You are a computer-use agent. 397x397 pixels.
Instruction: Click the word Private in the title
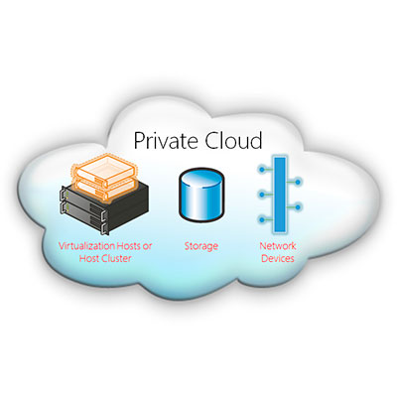[167, 141]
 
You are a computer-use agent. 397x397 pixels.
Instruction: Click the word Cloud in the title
[233, 140]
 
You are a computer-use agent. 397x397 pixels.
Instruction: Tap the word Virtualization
[86, 246]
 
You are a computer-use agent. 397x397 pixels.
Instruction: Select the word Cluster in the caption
[116, 258]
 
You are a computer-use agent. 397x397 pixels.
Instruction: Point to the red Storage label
[201, 246]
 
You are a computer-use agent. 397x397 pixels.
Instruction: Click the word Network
[278, 246]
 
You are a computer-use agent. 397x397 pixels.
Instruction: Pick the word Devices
[278, 258]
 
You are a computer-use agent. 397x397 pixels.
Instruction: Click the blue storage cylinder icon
[201, 195]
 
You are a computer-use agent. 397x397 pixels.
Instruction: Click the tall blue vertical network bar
[280, 195]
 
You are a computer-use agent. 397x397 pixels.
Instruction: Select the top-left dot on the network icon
[262, 170]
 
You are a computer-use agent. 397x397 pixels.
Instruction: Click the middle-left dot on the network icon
[262, 195]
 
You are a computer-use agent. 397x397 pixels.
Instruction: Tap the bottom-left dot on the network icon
[262, 219]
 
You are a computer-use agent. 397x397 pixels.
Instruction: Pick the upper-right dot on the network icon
[298, 182]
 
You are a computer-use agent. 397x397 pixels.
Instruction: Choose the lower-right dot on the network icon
[298, 207]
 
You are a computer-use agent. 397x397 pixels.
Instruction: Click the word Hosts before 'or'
[129, 246]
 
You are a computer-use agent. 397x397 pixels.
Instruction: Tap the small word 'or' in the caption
[148, 247]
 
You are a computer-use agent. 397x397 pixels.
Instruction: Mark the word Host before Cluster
[89, 258]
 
